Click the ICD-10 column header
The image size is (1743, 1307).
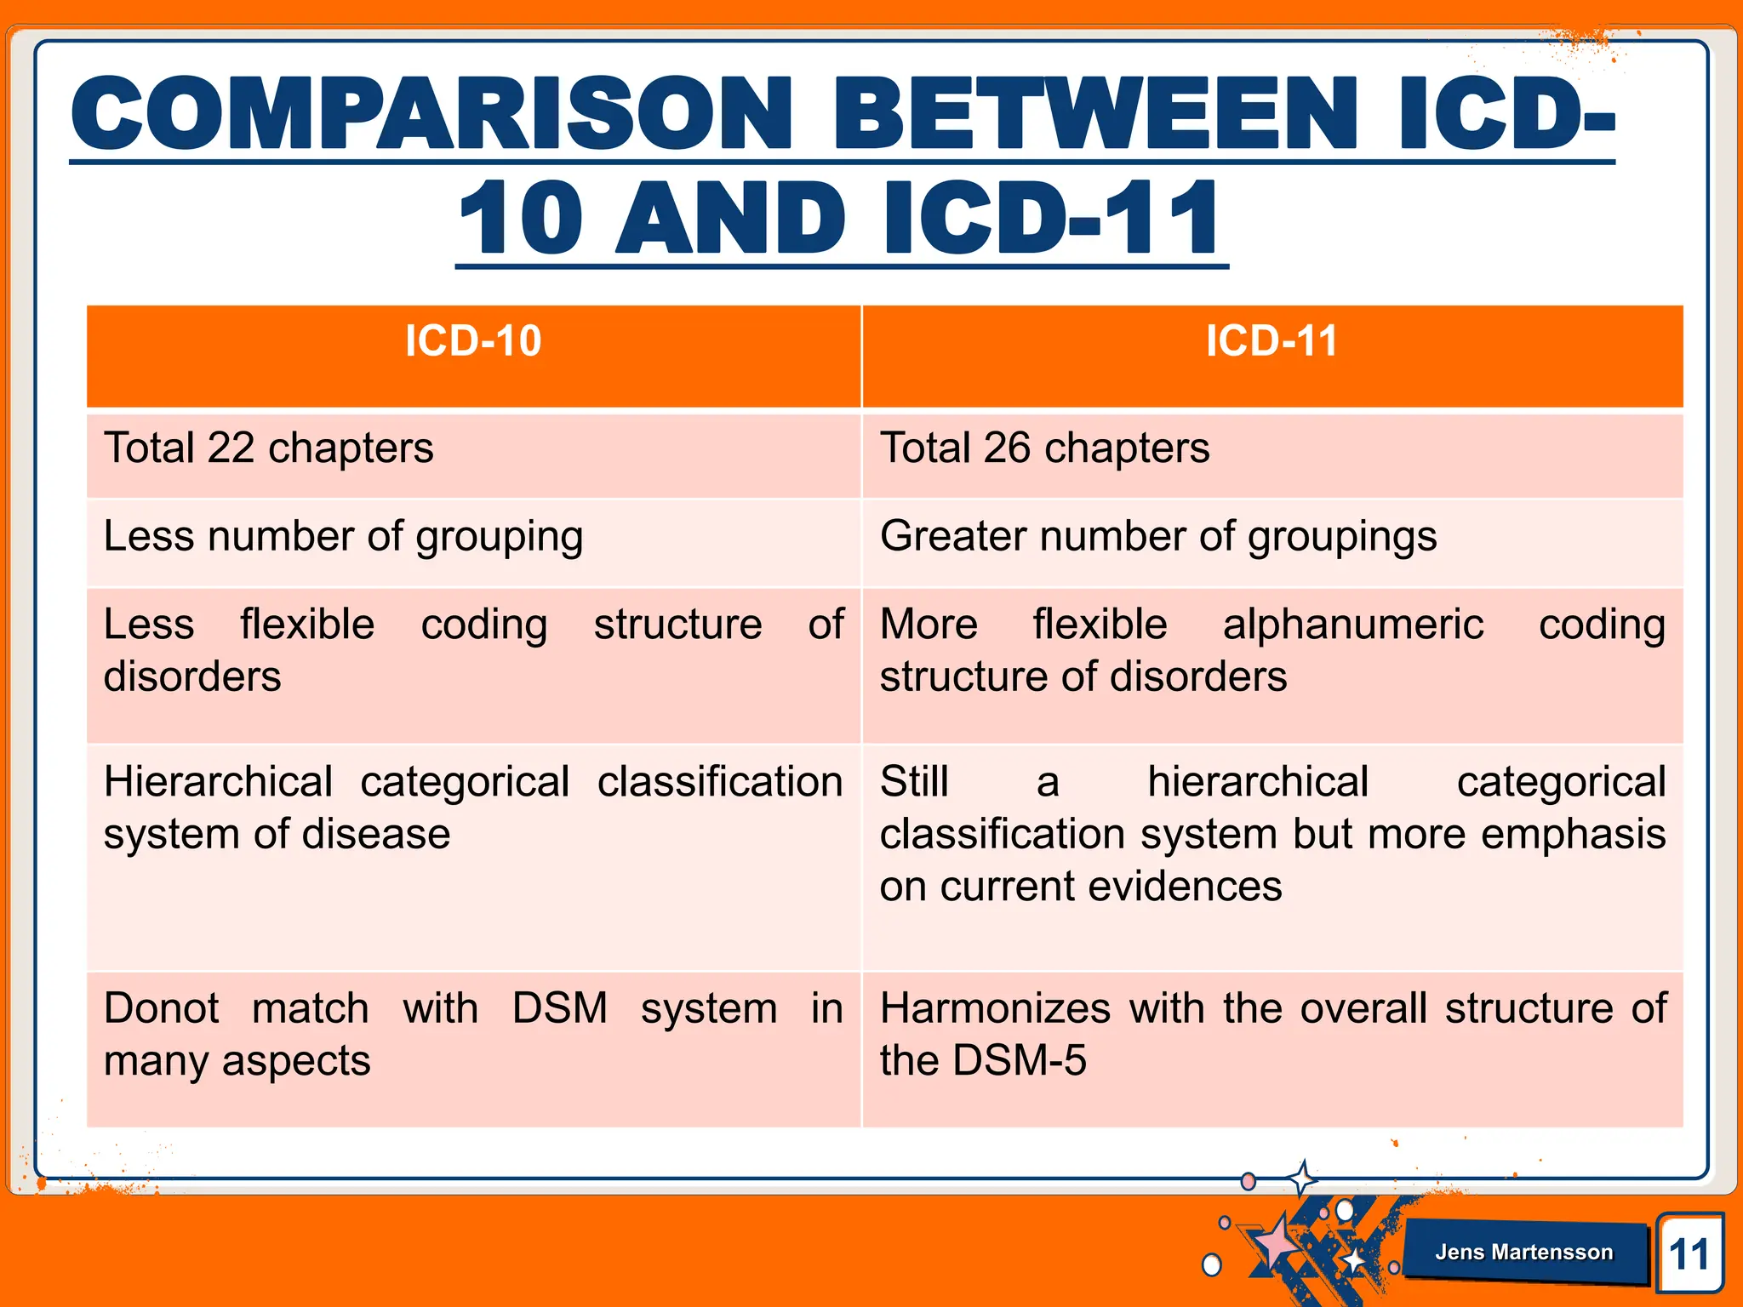(x=473, y=342)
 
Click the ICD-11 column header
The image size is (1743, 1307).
(x=1272, y=342)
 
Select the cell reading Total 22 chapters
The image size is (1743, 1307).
(x=269, y=449)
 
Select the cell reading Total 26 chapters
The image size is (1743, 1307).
(x=1044, y=449)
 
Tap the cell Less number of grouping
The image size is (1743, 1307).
(x=343, y=538)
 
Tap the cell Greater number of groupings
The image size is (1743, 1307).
(x=1157, y=538)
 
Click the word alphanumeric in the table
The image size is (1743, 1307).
(x=1353, y=625)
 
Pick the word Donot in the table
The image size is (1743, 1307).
(x=162, y=1009)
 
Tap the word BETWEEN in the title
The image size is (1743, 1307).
(x=1094, y=115)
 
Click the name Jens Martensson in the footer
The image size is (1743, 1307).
(x=1523, y=1252)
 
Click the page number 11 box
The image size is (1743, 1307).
(x=1689, y=1254)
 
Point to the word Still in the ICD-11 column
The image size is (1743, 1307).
(x=914, y=782)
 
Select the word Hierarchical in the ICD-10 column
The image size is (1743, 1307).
(x=218, y=782)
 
